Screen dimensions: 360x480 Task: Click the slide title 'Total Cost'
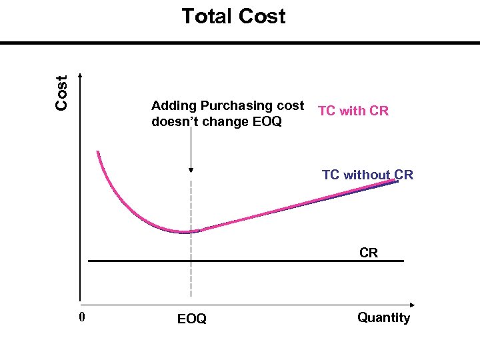pos(233,16)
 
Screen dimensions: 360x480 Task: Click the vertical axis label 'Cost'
pos(62,92)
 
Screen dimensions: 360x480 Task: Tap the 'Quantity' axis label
pos(383,317)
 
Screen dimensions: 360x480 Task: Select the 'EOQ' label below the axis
pos(192,319)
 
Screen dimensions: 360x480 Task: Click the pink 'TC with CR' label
pos(353,111)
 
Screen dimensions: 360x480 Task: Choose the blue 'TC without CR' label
pos(367,175)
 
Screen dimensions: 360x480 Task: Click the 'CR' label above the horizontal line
pos(369,253)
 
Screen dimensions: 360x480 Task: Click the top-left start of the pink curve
pos(97,152)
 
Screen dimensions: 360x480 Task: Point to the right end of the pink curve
pos(397,180)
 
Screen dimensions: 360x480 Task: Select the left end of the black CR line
pos(89,261)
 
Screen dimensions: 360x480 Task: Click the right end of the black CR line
pos(403,261)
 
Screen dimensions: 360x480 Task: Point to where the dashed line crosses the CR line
pos(191,261)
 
